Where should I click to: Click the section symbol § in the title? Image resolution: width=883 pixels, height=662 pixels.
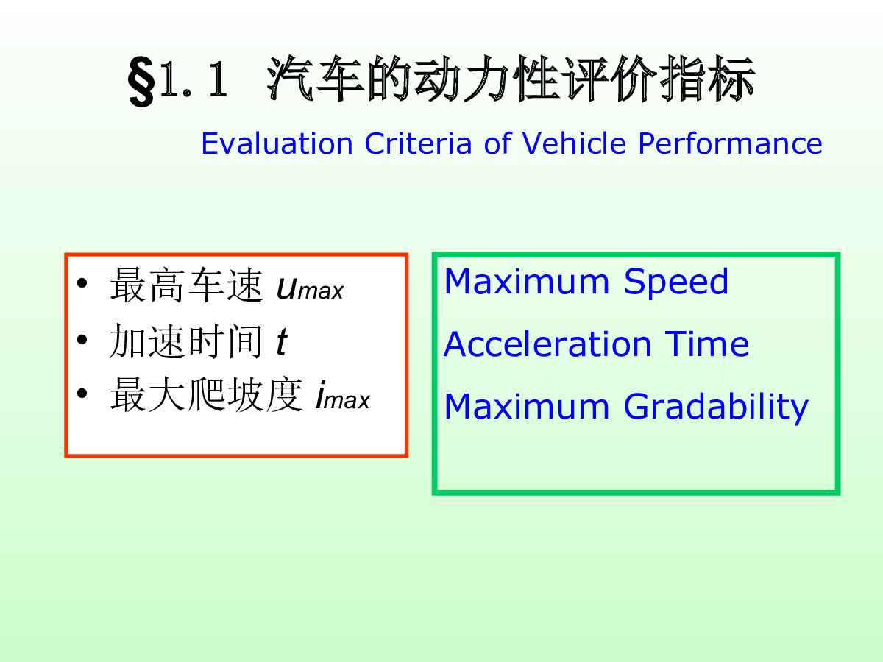141,81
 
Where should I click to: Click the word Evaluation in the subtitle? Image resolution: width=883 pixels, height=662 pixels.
277,143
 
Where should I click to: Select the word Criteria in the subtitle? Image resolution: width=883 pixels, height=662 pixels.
418,143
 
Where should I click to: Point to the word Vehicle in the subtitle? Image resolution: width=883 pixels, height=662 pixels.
574,143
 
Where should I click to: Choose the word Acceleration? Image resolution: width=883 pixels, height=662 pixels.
547,344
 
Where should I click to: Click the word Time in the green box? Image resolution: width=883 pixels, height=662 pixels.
707,344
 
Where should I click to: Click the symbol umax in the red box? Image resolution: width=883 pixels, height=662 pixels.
311,289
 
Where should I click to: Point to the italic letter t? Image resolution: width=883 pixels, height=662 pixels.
282,342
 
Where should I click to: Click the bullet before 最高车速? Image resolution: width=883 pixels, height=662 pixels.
82,283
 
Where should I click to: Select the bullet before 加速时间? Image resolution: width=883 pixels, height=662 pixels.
82,340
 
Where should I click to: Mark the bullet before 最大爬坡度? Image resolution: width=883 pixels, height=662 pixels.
82,393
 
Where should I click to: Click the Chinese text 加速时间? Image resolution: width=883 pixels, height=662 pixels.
186,341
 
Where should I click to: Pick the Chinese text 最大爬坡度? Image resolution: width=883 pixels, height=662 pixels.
206,395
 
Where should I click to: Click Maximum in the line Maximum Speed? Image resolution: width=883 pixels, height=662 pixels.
527,282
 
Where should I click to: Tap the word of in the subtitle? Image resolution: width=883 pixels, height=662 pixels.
497,143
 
